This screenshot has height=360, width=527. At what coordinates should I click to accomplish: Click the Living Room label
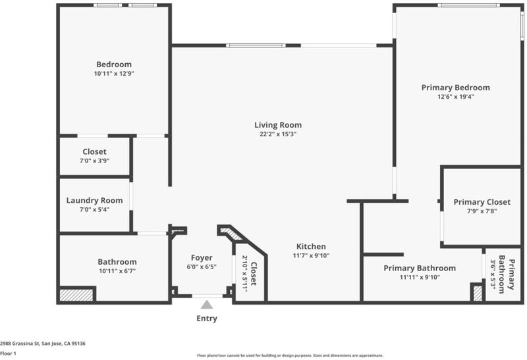(278, 125)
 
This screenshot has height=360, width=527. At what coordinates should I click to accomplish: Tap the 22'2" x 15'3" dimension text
(278, 134)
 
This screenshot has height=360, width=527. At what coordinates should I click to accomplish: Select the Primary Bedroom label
(455, 88)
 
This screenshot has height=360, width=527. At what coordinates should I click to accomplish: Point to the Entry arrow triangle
(207, 305)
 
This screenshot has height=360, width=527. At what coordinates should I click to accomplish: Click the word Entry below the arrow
(207, 319)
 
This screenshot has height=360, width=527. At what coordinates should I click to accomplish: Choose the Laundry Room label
(94, 201)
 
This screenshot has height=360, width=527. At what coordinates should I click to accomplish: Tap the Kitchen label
(311, 246)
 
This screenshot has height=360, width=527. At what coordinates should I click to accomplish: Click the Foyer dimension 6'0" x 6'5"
(202, 267)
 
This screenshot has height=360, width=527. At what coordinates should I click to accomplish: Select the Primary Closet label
(482, 202)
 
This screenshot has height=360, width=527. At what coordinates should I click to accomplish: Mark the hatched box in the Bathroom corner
(76, 295)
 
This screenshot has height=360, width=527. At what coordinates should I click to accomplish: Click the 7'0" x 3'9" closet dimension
(94, 161)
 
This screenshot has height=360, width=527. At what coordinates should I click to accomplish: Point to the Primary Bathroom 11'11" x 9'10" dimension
(420, 277)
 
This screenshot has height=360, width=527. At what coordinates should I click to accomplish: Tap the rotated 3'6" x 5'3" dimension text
(493, 274)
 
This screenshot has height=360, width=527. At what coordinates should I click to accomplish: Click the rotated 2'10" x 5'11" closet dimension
(244, 274)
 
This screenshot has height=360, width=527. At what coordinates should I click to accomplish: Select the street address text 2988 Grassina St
(20, 344)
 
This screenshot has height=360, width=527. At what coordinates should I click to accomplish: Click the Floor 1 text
(8, 353)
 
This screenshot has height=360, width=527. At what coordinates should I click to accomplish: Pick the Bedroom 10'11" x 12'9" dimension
(114, 74)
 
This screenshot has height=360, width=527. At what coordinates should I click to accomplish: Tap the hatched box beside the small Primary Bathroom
(478, 293)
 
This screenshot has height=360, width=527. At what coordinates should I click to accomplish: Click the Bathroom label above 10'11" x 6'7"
(117, 262)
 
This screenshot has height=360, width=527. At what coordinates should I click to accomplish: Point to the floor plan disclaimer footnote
(290, 355)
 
